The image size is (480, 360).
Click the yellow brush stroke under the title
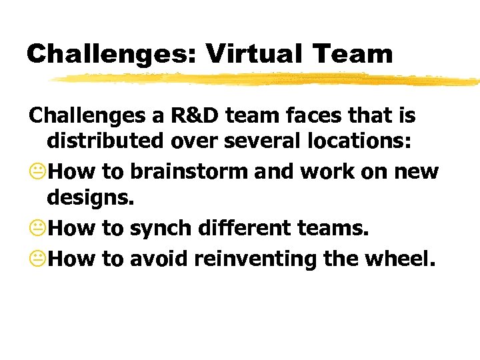(267, 79)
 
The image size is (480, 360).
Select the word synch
(159, 228)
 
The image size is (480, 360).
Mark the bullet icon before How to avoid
(37, 257)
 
